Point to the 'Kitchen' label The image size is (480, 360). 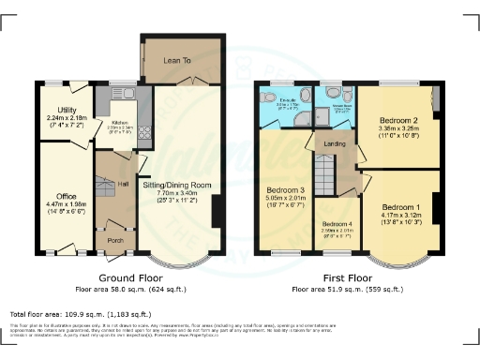coord(120,123)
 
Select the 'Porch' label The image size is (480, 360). coord(116,238)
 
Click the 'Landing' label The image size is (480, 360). coord(335,143)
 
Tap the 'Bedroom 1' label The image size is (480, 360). coord(400,206)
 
